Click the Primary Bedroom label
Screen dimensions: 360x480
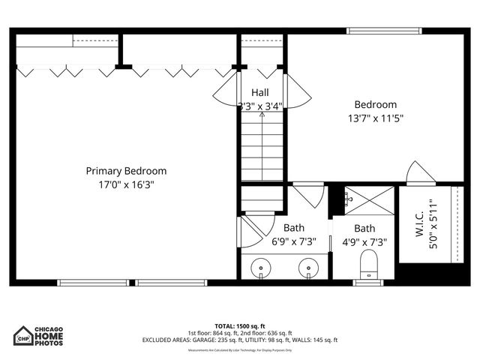point(126,171)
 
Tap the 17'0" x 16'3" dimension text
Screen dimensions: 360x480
point(126,184)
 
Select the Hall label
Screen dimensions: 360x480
point(260,92)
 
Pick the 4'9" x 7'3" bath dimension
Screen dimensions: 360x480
point(365,241)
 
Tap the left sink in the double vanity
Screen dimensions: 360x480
point(261,267)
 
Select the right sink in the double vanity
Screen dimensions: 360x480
point(308,267)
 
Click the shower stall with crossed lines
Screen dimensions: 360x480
point(368,200)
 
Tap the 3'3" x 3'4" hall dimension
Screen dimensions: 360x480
point(260,106)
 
